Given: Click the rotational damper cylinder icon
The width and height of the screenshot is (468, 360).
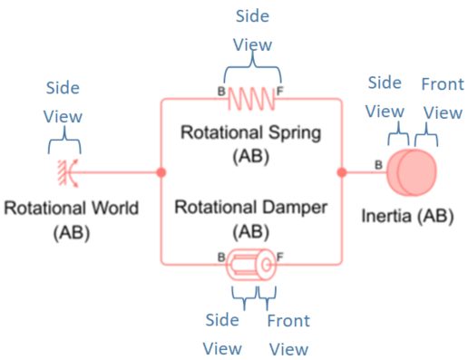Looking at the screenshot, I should [252, 264].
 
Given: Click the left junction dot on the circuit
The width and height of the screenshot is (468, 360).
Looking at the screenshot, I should [161, 170].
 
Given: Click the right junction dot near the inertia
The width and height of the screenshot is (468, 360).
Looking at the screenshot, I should [342, 170].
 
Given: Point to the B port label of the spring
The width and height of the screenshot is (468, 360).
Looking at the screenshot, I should [221, 92].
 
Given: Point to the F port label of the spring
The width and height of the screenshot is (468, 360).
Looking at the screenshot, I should [279, 92].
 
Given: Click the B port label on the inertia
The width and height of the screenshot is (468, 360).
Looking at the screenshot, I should [378, 165].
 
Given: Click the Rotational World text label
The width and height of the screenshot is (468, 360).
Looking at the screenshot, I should [72, 209].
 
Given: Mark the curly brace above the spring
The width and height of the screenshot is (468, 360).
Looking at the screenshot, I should [254, 69].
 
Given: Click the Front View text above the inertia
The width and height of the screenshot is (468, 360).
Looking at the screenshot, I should [442, 98].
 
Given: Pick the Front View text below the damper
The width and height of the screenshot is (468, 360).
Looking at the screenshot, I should [288, 334].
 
